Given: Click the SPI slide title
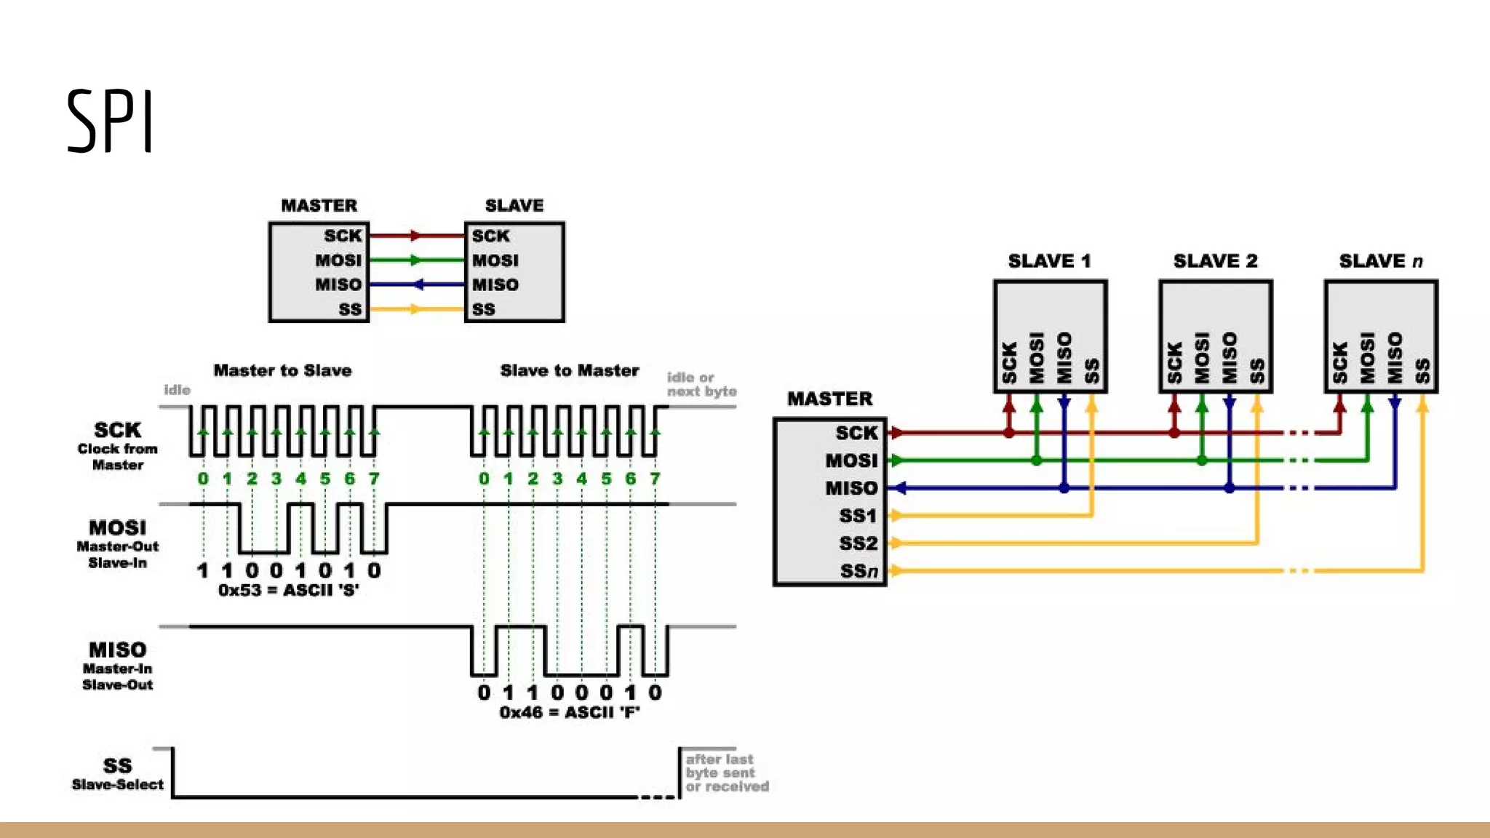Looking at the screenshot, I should click(x=110, y=121).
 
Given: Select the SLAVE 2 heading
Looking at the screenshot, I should click(x=1215, y=261).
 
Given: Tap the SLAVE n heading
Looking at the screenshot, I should click(x=1380, y=261).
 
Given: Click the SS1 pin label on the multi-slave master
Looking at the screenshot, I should click(x=858, y=516).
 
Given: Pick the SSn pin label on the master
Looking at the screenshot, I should click(x=858, y=571).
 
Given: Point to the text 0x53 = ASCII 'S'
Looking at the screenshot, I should click(x=289, y=590).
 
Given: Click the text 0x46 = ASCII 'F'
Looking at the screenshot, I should click(x=570, y=712).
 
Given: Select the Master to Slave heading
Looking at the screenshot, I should click(x=282, y=370).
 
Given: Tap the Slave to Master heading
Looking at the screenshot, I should click(x=569, y=370).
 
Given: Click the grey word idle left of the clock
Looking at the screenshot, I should click(x=177, y=390).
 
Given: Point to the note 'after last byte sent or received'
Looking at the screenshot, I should click(x=725, y=773).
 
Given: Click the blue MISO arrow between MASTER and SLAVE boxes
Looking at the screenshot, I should click(x=418, y=284).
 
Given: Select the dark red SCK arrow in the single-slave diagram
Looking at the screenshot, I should click(x=415, y=236).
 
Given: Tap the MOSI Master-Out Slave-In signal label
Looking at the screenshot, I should click(x=117, y=543).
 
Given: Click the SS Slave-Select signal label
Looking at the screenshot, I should click(x=117, y=773).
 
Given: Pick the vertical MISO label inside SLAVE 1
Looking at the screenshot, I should click(x=1064, y=358).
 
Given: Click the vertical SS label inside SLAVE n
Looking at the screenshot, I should click(x=1422, y=370).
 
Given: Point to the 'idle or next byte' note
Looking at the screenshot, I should click(x=701, y=384).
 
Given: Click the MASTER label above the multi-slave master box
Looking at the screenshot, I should click(x=829, y=399).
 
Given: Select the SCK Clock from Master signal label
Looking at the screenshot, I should click(x=117, y=445).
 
